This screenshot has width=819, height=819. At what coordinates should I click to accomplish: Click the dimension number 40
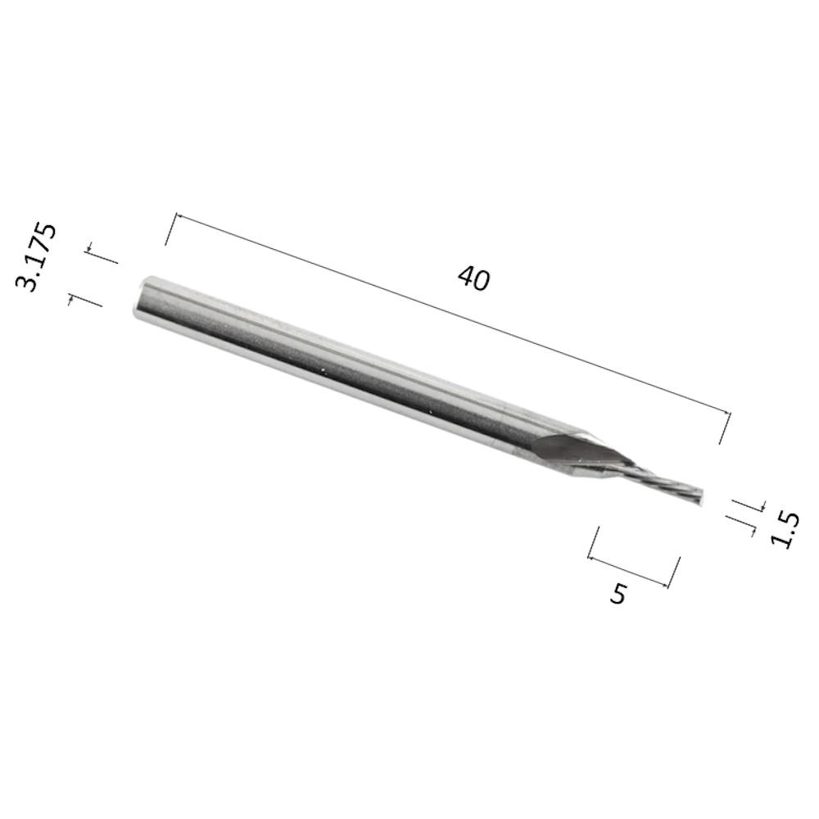pos(473,278)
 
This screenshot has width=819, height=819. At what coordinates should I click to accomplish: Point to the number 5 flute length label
pos(618,593)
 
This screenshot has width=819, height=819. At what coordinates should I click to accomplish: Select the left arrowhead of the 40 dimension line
pos(178,215)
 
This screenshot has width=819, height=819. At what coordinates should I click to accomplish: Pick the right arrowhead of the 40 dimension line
pos(726,413)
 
